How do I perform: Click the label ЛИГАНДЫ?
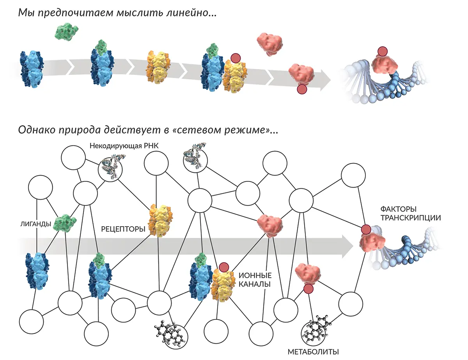(x=35, y=224)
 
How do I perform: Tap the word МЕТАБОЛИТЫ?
(x=313, y=352)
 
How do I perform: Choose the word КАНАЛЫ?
(x=254, y=285)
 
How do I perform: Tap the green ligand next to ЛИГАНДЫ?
(x=65, y=222)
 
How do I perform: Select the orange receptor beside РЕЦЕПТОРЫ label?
(x=160, y=219)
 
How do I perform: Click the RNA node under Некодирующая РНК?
(x=110, y=168)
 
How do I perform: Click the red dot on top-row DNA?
(x=383, y=51)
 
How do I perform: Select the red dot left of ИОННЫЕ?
(x=224, y=267)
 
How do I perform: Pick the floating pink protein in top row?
(x=269, y=42)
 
